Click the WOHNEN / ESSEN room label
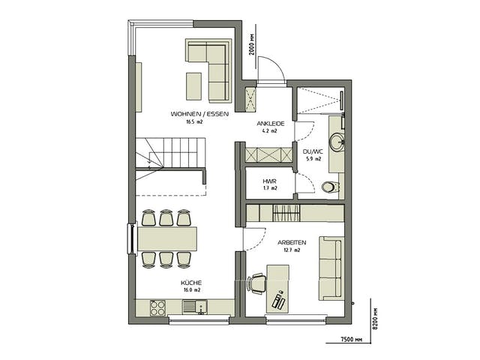(199, 114)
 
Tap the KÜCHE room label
(191, 283)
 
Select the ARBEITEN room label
(292, 243)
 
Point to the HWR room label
(269, 181)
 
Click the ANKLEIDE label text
(271, 124)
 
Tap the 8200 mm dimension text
(376, 318)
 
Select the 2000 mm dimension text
(252, 44)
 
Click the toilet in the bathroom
(331, 187)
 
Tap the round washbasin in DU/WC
(337, 142)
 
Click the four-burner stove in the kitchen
(158, 307)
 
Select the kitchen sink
(195, 307)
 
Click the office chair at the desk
(256, 283)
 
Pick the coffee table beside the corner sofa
(193, 86)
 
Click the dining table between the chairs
(167, 238)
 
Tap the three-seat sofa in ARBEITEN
(331, 268)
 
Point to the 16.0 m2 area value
(192, 290)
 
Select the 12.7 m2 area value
(292, 250)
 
